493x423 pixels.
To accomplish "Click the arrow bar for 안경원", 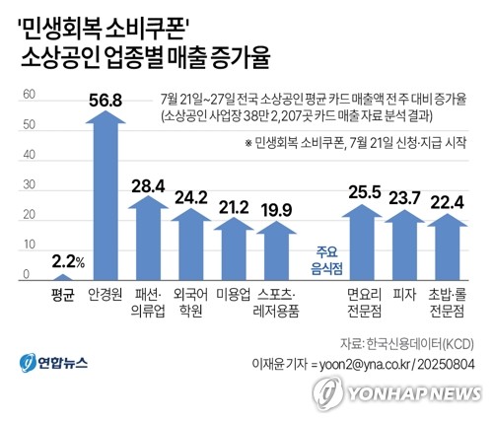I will coord(105,197).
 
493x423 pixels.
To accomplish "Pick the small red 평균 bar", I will coord(61,277).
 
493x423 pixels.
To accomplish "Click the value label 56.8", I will coord(105,99).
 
